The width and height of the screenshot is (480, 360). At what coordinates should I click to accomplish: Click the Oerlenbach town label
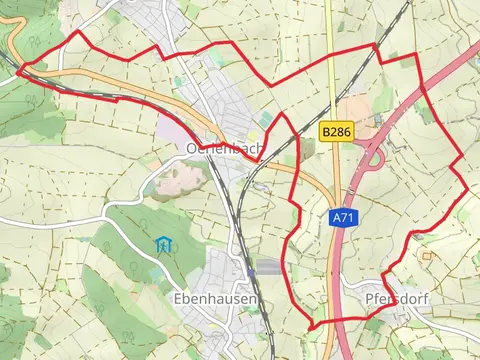click(x=225, y=148)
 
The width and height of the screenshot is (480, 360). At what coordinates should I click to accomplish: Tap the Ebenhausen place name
click(x=215, y=299)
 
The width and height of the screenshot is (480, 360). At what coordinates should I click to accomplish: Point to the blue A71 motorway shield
click(x=342, y=217)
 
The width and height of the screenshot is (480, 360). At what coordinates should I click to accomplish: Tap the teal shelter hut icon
click(x=162, y=243)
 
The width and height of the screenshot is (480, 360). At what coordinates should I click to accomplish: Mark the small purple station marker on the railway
click(x=248, y=270)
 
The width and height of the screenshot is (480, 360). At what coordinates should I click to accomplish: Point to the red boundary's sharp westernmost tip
click(x=17, y=69)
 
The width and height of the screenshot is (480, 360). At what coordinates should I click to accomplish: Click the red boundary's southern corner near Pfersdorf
click(x=311, y=327)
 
